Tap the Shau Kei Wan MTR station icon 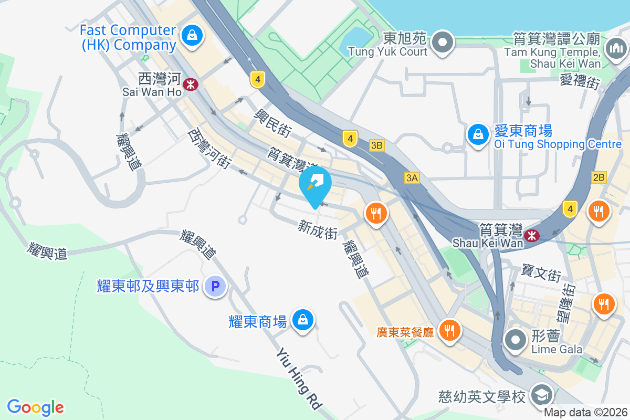click(x=532, y=235)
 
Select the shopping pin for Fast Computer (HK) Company click(x=192, y=36)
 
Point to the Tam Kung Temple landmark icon click(x=615, y=49)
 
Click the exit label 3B click(x=377, y=145)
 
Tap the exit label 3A click(x=412, y=178)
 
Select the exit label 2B click(x=598, y=177)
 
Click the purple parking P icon click(x=215, y=287)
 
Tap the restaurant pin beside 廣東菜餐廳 click(x=449, y=330)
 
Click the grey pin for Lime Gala click(x=516, y=339)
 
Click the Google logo click(x=36, y=407)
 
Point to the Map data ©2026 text click(x=585, y=413)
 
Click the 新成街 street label click(x=318, y=229)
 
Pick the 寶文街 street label click(x=541, y=272)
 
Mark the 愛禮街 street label click(x=580, y=80)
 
